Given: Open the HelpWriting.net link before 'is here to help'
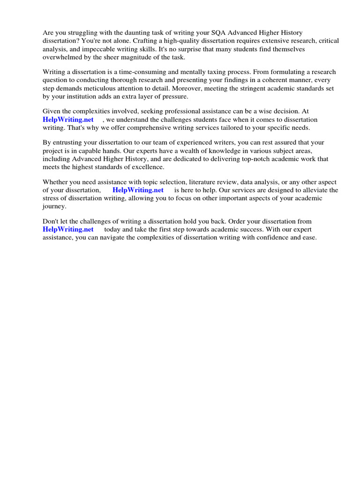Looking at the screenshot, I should (138, 190).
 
